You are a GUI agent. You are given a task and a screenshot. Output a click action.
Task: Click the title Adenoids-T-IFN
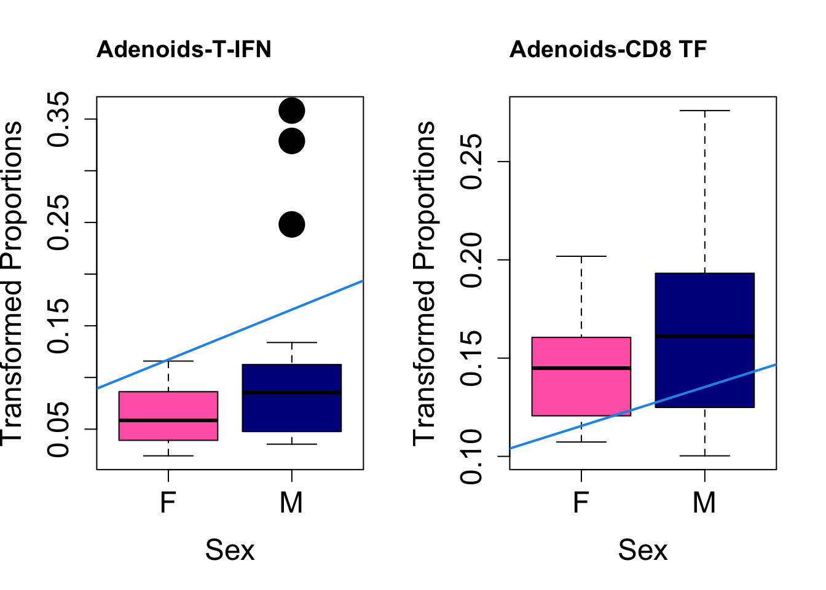(x=184, y=49)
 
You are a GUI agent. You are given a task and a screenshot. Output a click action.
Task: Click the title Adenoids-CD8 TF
(x=608, y=49)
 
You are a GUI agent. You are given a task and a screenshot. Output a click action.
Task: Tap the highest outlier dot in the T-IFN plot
(x=292, y=111)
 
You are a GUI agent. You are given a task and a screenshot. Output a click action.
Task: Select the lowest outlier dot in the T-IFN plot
(x=292, y=224)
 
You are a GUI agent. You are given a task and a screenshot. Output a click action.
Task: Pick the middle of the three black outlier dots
(x=292, y=141)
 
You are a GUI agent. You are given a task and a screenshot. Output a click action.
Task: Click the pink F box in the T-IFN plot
(x=168, y=406)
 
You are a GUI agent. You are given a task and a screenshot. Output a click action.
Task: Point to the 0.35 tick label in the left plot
(x=60, y=119)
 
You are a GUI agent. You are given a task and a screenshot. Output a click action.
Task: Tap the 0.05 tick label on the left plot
(x=60, y=429)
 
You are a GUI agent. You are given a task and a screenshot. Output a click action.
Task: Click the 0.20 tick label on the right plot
(x=473, y=260)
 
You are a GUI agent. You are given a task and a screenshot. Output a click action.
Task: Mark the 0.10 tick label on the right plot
(x=473, y=456)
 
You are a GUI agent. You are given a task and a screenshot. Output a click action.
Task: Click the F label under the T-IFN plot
(x=168, y=503)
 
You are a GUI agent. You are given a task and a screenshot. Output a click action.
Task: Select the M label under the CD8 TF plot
(x=704, y=503)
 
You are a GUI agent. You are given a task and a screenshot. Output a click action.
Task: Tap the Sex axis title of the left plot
(x=229, y=549)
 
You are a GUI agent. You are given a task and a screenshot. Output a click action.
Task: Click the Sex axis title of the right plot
(x=642, y=549)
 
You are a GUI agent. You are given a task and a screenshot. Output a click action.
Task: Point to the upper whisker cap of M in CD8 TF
(x=704, y=111)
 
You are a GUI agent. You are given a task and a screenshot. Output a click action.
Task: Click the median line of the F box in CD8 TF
(x=581, y=368)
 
